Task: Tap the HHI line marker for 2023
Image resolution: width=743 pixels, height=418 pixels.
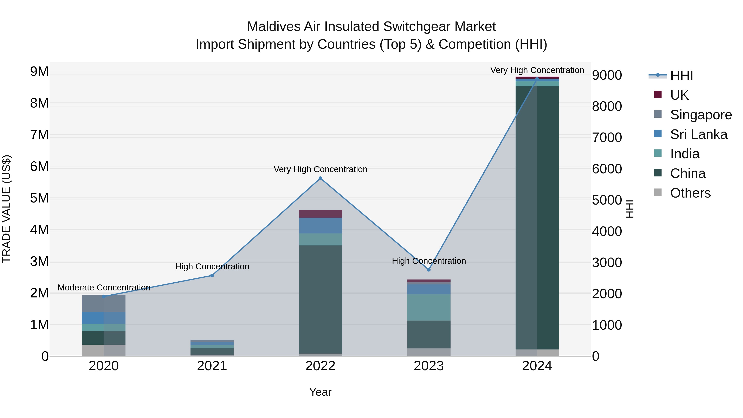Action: [x=429, y=270]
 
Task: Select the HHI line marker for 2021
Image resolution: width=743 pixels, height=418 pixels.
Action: [x=212, y=276]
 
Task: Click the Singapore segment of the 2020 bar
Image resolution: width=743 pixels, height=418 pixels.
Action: [x=104, y=303]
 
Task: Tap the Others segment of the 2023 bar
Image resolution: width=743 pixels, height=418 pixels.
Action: [x=429, y=352]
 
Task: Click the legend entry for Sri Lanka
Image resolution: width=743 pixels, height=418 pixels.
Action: [x=698, y=134]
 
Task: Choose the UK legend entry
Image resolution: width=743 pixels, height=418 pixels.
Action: [x=679, y=95]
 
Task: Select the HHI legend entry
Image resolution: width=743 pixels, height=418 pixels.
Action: [x=681, y=76]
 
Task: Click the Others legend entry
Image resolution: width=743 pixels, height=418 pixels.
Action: [x=690, y=193]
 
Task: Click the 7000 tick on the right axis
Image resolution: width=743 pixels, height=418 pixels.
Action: [x=607, y=138]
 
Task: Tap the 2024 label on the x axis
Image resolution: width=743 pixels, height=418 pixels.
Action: [x=537, y=366]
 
